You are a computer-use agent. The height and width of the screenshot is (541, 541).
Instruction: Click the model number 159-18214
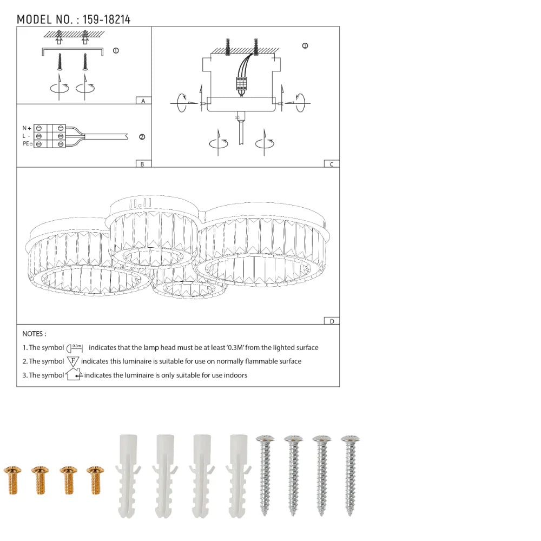point(107,19)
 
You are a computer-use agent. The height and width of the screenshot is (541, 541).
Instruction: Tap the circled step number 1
point(116,51)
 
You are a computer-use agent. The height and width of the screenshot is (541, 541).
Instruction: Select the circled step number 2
point(142,137)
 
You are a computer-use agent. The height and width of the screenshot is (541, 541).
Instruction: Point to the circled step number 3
point(305,46)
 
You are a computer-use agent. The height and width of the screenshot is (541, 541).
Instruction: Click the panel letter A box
point(143,101)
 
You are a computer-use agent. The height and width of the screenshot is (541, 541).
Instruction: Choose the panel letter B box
point(143,164)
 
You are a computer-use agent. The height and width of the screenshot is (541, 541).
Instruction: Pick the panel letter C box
point(332,164)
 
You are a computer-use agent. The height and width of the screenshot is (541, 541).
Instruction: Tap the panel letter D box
point(332,321)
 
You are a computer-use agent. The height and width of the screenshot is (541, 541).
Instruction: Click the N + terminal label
point(27,128)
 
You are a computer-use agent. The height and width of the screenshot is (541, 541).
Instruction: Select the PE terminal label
point(27,143)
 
